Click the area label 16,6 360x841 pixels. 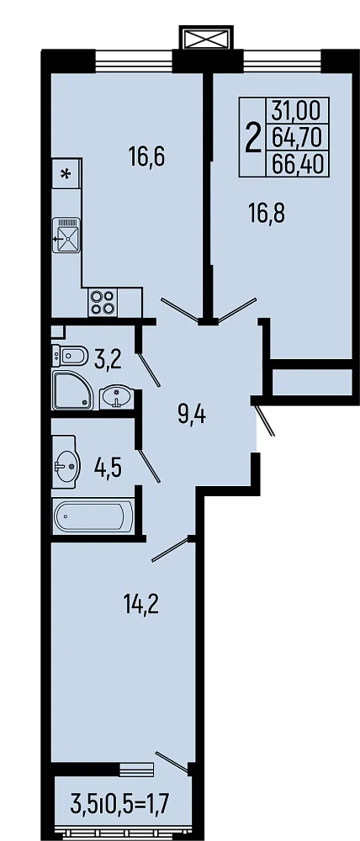146,156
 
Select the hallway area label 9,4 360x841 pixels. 192,415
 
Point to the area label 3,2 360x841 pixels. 108,361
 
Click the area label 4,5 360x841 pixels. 108,468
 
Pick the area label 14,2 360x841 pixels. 140,603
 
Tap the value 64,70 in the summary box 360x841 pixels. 297,136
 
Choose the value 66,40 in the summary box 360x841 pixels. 297,162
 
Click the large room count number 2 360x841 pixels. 251,137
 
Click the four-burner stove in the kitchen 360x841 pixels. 102,301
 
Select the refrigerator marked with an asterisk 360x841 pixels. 66,175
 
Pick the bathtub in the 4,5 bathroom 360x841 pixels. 93,516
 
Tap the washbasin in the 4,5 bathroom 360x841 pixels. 66,461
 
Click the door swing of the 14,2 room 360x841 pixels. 172,550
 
